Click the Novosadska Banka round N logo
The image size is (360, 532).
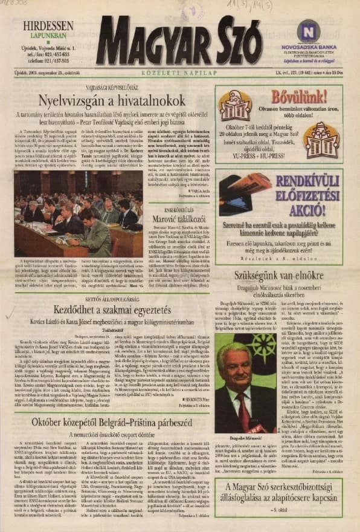(x=309, y=31)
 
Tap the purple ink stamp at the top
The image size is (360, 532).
(x=193, y=11)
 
